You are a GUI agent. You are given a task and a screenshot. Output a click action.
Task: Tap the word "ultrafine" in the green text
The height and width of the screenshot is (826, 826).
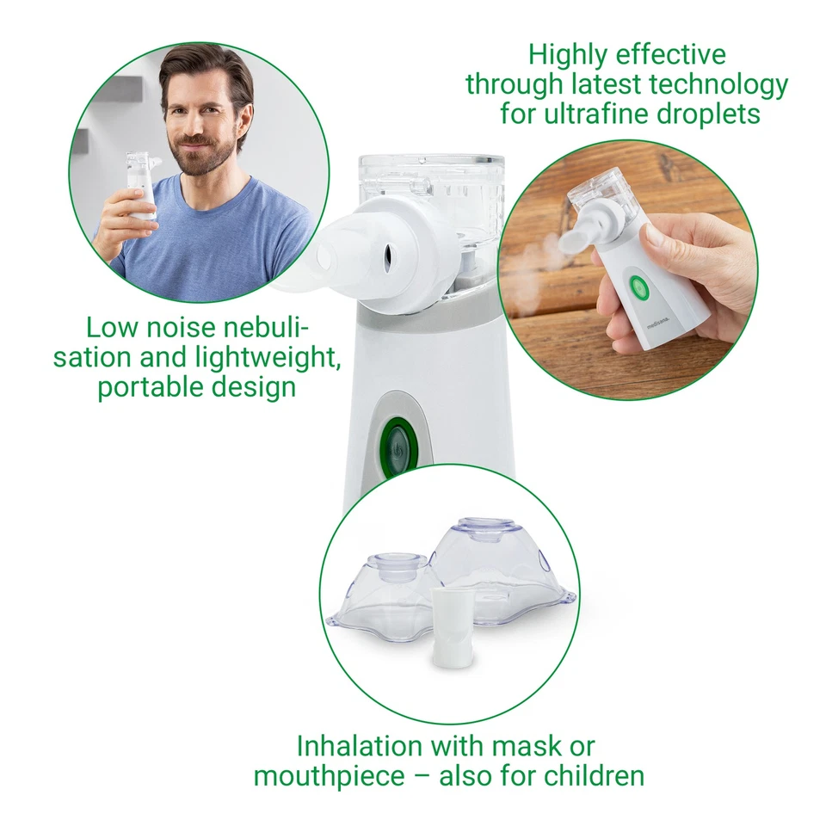pyautogui.click(x=603, y=113)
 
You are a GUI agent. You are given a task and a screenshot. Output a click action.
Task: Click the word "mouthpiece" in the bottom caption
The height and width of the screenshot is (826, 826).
pyautogui.click(x=330, y=776)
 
